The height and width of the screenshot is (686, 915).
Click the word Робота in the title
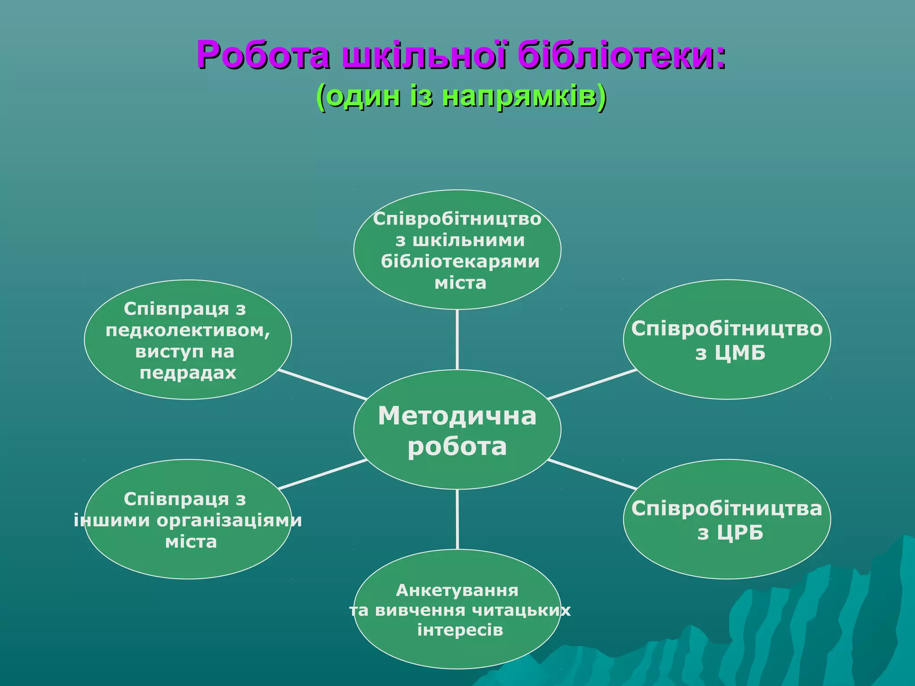point(264,55)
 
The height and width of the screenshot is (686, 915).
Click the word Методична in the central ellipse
point(457,416)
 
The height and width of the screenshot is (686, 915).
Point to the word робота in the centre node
point(457,446)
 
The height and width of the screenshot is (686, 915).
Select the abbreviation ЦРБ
point(740,533)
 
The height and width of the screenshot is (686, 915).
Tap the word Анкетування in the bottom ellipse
point(457,590)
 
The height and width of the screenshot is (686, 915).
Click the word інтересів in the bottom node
point(460,630)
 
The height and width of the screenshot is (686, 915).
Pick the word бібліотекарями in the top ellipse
point(460,261)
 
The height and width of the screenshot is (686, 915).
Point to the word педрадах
point(188,373)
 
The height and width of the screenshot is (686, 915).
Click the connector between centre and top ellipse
point(457,339)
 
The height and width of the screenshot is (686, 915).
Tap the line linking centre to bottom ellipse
point(457,519)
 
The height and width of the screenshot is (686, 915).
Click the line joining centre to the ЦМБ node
point(592,385)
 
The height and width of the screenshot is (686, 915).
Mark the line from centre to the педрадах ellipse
point(323,385)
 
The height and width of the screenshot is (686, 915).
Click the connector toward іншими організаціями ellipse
point(323,474)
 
